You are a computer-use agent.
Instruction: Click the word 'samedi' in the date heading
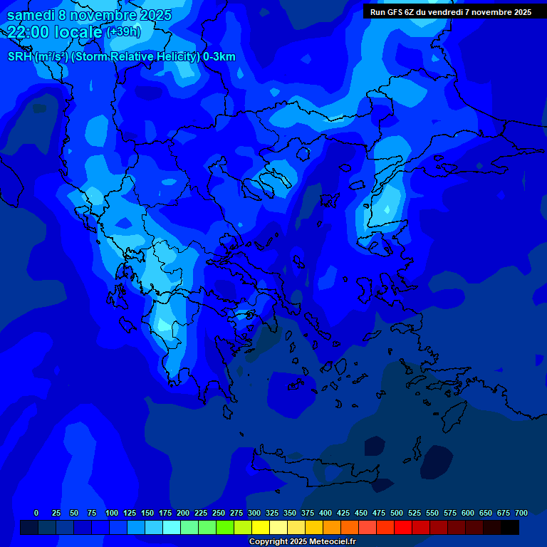point(31,15)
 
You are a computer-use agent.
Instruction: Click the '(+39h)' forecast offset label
point(123,32)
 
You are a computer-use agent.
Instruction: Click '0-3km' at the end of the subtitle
point(219,57)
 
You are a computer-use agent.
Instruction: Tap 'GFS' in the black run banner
point(403,12)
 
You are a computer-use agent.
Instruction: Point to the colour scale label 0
point(36,513)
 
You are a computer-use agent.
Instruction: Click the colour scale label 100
point(112,513)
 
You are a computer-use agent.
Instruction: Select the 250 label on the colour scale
point(219,513)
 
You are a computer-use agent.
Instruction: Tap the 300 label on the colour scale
point(254,513)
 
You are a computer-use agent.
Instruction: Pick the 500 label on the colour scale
point(397,513)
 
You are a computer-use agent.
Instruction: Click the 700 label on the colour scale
point(521,513)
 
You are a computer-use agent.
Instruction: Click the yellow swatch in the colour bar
point(261,527)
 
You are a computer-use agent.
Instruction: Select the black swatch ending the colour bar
point(510,527)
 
